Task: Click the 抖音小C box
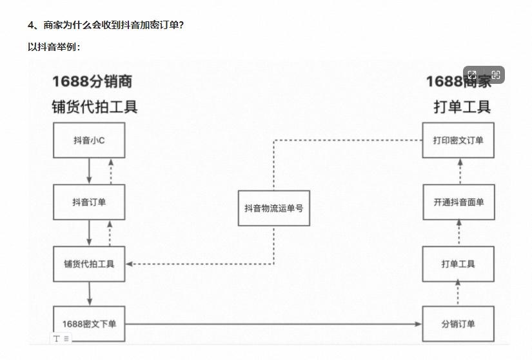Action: click(x=89, y=140)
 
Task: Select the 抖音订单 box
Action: click(x=89, y=202)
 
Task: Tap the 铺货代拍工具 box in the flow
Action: click(x=89, y=263)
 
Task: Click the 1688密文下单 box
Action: click(x=89, y=324)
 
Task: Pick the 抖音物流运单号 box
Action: click(x=273, y=208)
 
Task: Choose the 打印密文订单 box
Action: click(x=458, y=140)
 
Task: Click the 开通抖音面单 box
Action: click(x=458, y=202)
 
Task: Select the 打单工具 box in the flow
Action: click(x=458, y=263)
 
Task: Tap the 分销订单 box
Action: click(x=458, y=324)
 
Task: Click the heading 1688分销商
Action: click(x=92, y=81)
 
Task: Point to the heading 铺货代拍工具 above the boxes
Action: click(x=95, y=106)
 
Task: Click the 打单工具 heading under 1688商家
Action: click(x=462, y=106)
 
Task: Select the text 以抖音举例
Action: click(x=54, y=46)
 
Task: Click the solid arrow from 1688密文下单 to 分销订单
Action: click(x=271, y=324)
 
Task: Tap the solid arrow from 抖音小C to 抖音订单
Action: click(x=90, y=171)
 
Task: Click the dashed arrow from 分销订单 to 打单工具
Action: click(x=458, y=294)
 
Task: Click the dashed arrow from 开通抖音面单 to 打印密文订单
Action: click(x=458, y=171)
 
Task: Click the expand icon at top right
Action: click(x=472, y=75)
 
